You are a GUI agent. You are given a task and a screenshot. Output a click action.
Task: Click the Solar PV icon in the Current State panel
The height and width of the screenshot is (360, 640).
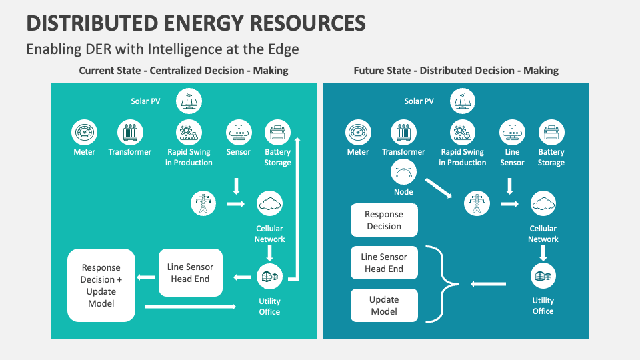(x=189, y=102)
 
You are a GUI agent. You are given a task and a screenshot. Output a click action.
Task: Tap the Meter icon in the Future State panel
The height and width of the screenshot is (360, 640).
(x=358, y=133)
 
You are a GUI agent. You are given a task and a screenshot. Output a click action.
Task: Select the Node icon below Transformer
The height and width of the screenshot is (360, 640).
(x=403, y=173)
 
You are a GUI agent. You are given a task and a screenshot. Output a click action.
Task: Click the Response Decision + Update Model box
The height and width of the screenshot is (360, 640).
(x=101, y=285)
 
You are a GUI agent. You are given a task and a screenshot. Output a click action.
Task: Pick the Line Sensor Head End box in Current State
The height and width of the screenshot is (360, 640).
(x=190, y=273)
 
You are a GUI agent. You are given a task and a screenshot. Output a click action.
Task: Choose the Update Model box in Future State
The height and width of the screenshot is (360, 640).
(x=384, y=305)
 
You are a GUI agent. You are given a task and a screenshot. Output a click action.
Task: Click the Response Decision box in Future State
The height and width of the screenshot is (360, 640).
(x=384, y=220)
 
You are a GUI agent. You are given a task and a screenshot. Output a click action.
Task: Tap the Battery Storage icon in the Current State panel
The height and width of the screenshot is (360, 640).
(x=277, y=133)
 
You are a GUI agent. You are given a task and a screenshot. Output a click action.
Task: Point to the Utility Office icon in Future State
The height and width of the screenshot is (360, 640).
(x=543, y=276)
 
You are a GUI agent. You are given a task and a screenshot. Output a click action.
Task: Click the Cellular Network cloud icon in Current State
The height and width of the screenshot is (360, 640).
(x=269, y=203)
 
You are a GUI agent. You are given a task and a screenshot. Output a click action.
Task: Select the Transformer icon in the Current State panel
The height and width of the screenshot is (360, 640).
(x=130, y=133)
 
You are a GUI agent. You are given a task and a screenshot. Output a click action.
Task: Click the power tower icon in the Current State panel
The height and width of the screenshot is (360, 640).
(x=203, y=203)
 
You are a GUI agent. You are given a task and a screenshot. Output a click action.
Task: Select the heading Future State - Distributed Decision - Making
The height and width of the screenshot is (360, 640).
(x=456, y=70)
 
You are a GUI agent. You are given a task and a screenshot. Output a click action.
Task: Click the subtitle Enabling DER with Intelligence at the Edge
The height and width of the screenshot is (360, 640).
(x=163, y=49)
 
